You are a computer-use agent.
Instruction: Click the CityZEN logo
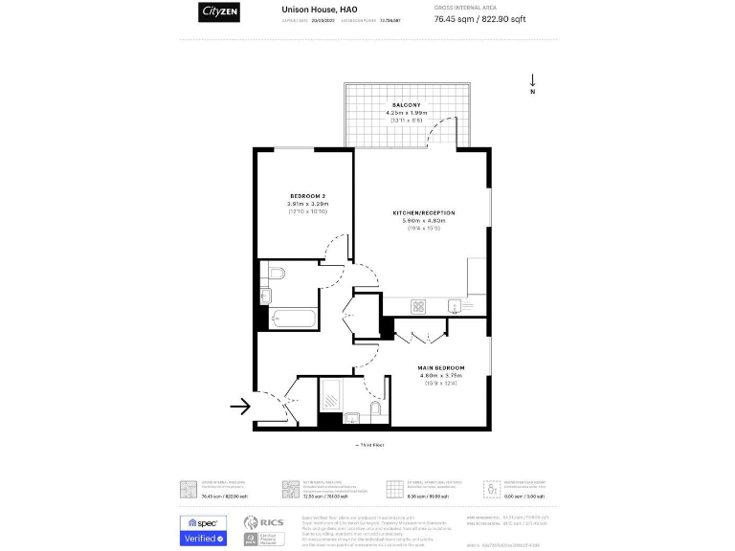(219, 11)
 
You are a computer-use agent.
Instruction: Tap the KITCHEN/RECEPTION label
(423, 212)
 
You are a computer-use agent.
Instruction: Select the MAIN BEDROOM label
(440, 367)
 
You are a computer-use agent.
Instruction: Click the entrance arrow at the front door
(240, 407)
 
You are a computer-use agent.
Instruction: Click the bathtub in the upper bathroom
(293, 317)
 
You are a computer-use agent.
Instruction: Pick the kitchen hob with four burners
(418, 306)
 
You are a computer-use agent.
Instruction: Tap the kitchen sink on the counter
(456, 306)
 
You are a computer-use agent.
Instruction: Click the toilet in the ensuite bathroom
(374, 411)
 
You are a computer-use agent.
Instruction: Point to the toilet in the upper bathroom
(276, 275)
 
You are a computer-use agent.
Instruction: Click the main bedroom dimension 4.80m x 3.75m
(440, 376)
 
